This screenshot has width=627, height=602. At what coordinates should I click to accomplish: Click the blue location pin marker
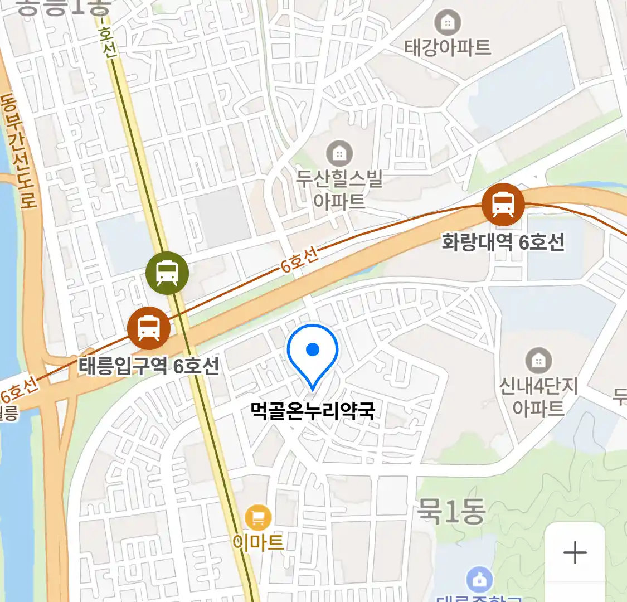click(313, 352)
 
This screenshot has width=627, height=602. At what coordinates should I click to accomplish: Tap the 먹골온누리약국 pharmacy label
click(313, 411)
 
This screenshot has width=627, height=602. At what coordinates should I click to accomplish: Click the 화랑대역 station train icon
click(503, 205)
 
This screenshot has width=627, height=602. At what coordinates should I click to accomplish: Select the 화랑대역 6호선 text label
click(503, 242)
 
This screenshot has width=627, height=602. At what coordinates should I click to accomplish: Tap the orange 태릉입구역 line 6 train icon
click(149, 328)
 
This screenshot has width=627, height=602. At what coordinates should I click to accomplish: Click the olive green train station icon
click(167, 273)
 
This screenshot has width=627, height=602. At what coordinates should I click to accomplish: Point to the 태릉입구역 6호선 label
click(149, 366)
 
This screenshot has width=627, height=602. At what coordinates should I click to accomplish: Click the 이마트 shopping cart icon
click(257, 518)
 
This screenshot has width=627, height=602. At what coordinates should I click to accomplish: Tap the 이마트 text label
click(257, 542)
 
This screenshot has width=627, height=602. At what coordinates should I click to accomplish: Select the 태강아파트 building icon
click(447, 22)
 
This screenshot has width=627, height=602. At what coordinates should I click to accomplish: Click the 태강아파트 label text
click(448, 47)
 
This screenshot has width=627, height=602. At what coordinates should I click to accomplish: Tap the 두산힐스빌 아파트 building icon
click(339, 152)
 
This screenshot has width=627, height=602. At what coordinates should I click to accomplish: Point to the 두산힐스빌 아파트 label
click(339, 190)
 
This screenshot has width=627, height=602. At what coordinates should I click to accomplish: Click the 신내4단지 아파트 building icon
click(538, 361)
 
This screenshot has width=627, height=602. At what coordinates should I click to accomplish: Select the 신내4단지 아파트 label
click(538, 397)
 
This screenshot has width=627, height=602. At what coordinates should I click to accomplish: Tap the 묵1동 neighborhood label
click(451, 511)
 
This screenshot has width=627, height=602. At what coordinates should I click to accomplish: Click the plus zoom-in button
click(575, 552)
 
